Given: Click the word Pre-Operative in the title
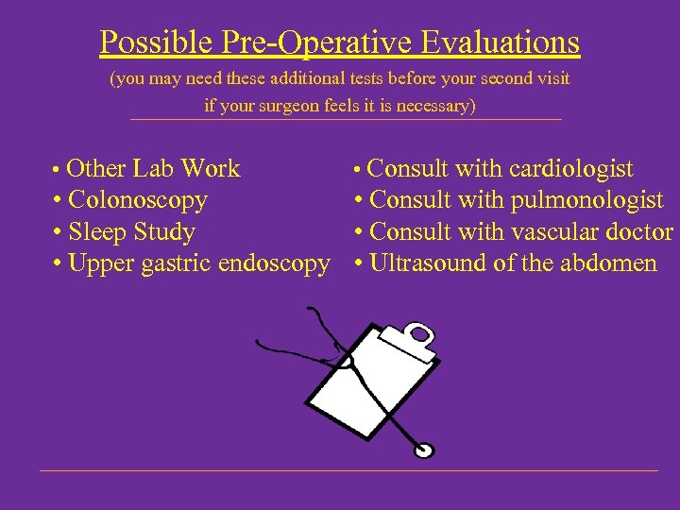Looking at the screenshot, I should point(304,42).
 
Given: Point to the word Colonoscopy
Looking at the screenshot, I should point(138,200).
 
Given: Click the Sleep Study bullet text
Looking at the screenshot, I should point(131,231).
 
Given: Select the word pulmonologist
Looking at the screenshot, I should point(586,200).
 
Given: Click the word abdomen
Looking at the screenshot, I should point(608,263).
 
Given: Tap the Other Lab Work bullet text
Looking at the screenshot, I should point(154,169).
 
